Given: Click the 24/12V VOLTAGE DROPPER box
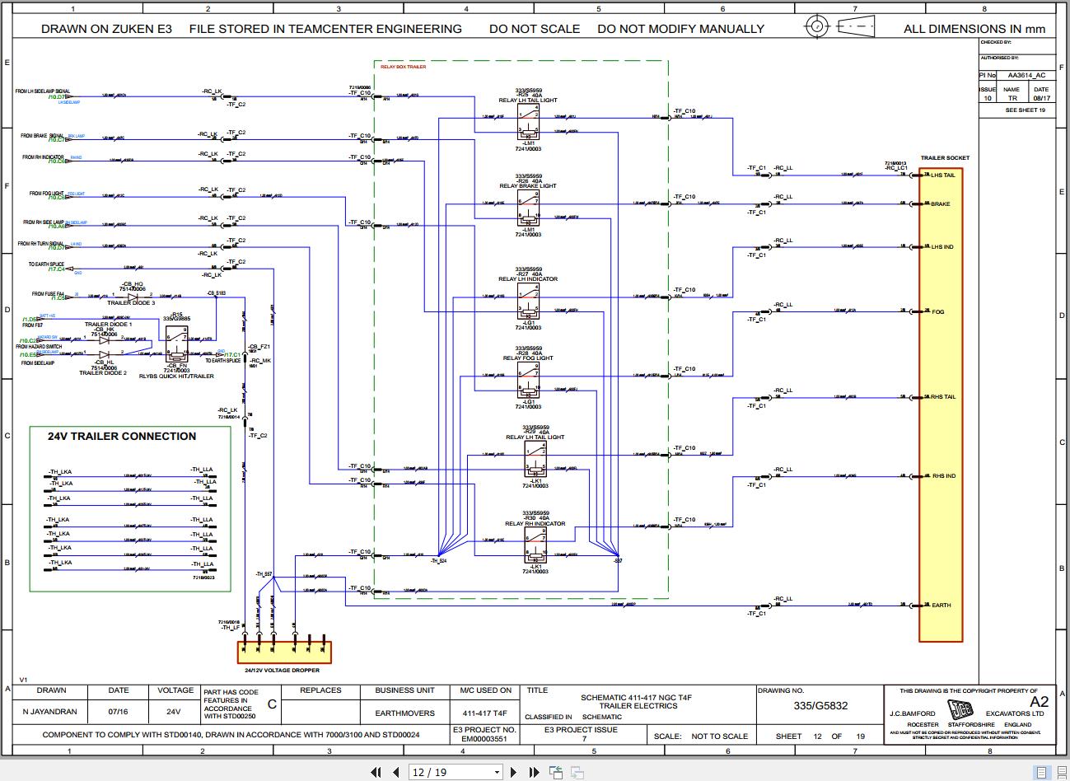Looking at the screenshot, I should coord(285,652).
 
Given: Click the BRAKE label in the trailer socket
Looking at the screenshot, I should coord(940,204).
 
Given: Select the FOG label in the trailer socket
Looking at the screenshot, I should coord(937,312).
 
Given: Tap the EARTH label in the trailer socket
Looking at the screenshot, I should coord(941,606).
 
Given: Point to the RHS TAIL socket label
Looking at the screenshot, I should coord(943,397).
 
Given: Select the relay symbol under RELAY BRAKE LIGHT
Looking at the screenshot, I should coord(528,209).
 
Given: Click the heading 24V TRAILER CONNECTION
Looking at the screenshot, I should coord(122,437).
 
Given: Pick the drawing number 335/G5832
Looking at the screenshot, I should coord(820,706).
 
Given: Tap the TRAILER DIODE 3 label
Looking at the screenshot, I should coord(131,303).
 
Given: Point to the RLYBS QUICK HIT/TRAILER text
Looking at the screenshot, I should coord(176,376).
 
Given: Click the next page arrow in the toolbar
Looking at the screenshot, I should coord(514,772).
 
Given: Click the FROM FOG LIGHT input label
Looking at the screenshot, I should coord(47,194).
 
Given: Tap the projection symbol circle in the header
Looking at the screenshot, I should coord(816,26).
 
